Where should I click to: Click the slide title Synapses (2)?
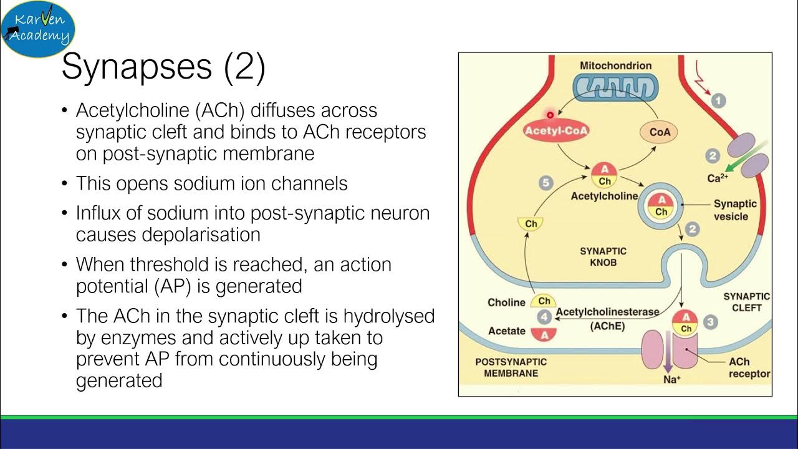pyautogui.click(x=163, y=66)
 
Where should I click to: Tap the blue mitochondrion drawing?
pyautogui.click(x=615, y=87)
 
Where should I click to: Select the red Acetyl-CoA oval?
pyautogui.click(x=556, y=131)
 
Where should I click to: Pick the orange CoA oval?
pyautogui.click(x=659, y=132)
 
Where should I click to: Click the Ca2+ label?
pyautogui.click(x=718, y=178)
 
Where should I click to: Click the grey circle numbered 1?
pyautogui.click(x=719, y=100)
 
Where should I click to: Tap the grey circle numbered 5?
pyautogui.click(x=546, y=183)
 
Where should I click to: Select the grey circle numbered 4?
pyautogui.click(x=545, y=317)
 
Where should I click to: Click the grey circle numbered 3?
pyautogui.click(x=710, y=322)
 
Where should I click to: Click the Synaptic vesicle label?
pyautogui.click(x=735, y=210)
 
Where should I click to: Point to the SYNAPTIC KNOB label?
pyautogui.click(x=603, y=256)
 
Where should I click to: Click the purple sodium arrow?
pyautogui.click(x=667, y=359)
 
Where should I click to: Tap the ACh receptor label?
pyautogui.click(x=749, y=368)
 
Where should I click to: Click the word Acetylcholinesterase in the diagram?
pyautogui.click(x=598, y=312)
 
